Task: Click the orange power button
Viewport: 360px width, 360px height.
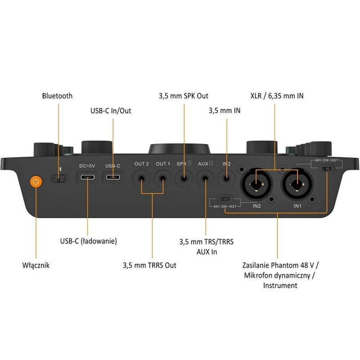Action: (36, 182)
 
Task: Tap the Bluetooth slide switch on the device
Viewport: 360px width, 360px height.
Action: (58, 179)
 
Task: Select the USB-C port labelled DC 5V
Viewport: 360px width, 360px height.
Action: (87, 177)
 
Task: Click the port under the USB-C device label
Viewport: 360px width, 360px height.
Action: (112, 177)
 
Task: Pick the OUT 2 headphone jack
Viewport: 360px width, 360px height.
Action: (141, 178)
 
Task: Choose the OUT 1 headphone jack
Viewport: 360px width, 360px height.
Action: (163, 178)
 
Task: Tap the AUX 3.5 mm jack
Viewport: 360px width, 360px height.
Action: (205, 178)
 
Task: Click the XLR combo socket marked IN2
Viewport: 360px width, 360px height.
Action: (256, 183)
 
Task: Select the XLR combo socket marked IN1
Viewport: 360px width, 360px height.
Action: (297, 183)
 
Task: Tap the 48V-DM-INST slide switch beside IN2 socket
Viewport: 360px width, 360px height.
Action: (224, 199)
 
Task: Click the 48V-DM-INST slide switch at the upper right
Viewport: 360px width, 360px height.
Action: (327, 169)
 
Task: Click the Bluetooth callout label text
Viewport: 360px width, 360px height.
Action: (57, 96)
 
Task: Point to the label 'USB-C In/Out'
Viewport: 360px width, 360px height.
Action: (112, 111)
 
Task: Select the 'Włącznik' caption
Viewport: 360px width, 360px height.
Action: (36, 265)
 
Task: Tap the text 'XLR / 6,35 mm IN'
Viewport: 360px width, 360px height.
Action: (277, 96)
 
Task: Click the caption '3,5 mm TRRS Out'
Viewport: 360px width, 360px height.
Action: (150, 265)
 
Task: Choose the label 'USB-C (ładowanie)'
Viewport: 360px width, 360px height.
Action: (89, 241)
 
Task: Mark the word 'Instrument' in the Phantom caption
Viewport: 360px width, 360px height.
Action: (279, 285)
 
